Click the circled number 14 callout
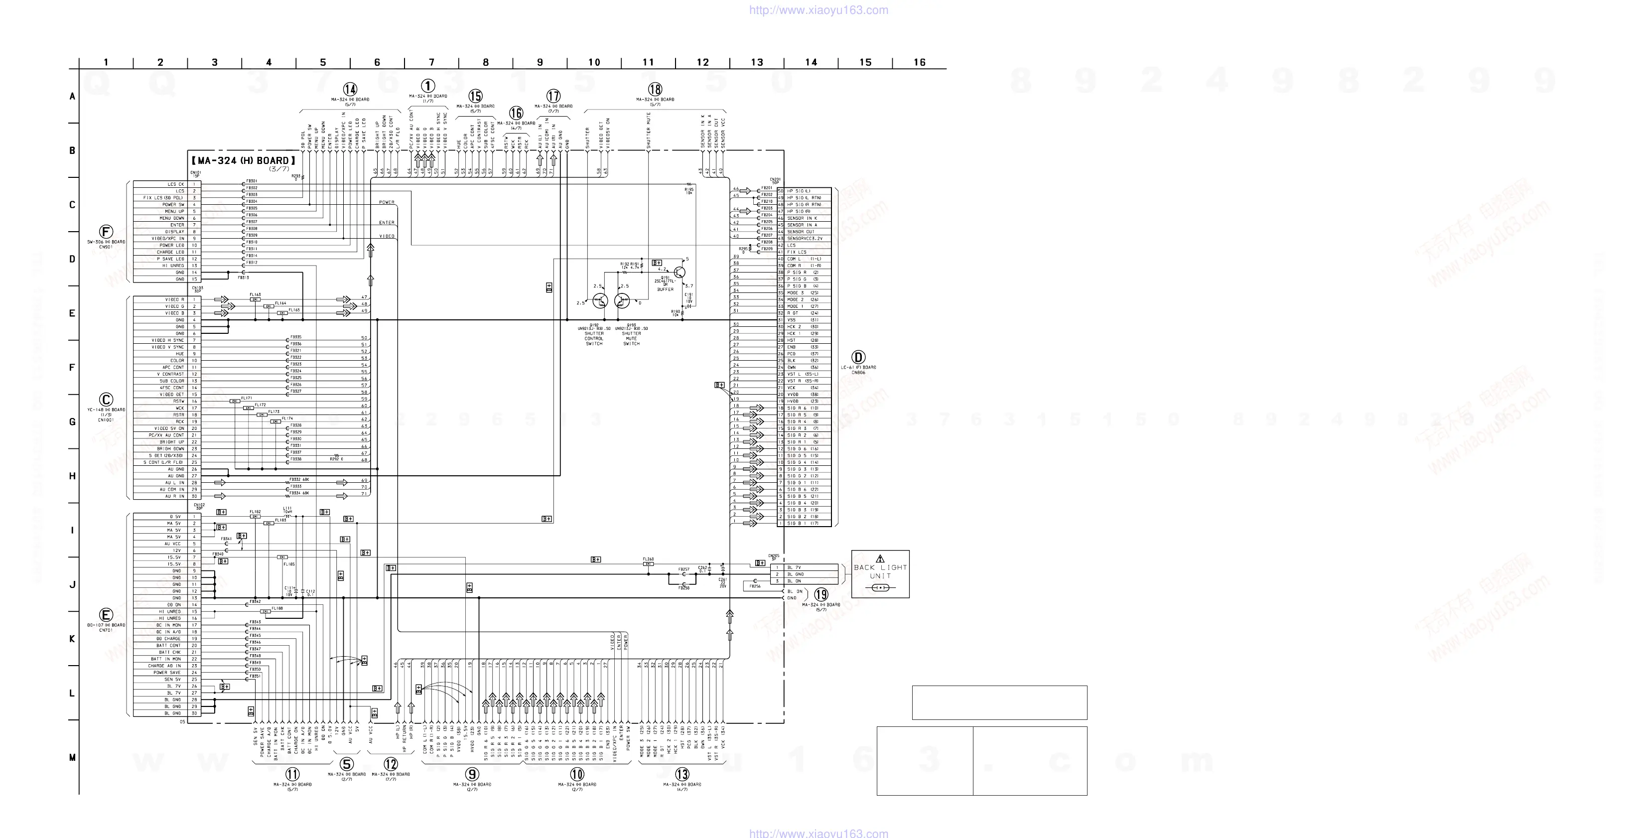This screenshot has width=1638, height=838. click(350, 89)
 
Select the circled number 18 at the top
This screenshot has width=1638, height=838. click(655, 89)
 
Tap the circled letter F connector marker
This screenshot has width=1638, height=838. click(106, 232)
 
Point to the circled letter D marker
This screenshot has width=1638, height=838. click(858, 357)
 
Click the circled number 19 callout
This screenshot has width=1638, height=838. click(821, 594)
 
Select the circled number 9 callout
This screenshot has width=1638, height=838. click(472, 774)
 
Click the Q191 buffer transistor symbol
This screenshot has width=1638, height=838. click(679, 272)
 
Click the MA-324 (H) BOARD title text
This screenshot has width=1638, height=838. click(244, 161)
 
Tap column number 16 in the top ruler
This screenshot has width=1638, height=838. click(920, 62)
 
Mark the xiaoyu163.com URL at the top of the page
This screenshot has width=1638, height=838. click(819, 10)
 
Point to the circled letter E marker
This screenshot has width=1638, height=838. click(106, 615)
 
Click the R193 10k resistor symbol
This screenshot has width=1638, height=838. click(682, 311)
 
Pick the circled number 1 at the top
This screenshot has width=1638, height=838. click(428, 86)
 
